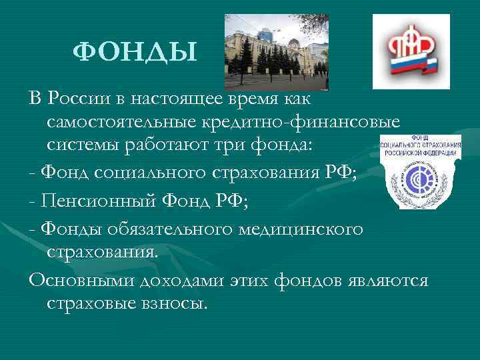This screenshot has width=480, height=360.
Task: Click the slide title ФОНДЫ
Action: (135, 51)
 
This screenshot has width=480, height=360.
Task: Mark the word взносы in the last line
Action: (173, 303)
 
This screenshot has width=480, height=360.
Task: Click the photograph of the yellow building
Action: (276, 52)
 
